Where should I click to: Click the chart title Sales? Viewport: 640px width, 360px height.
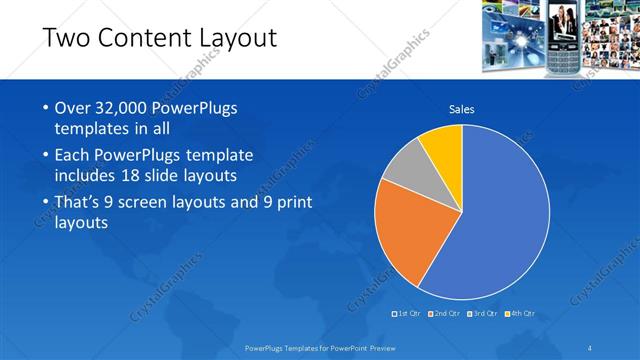tap(461, 109)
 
